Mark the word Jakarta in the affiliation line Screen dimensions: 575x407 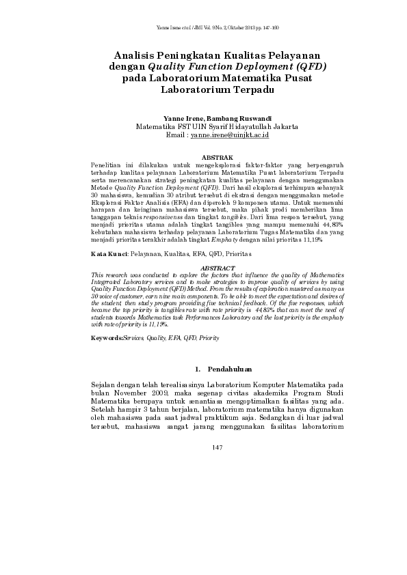[x=283, y=126]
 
